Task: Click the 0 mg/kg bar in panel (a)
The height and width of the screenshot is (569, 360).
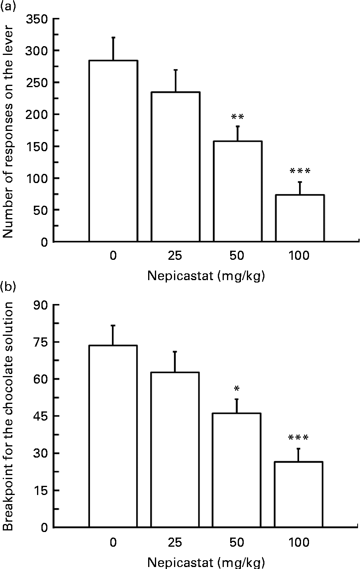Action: (x=113, y=151)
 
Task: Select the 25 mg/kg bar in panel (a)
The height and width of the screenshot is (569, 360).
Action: (x=175, y=167)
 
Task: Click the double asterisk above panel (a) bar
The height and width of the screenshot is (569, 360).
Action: (x=237, y=117)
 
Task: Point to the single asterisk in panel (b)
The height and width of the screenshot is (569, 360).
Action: (x=237, y=389)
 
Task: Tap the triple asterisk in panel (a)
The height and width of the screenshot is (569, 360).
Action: (x=299, y=172)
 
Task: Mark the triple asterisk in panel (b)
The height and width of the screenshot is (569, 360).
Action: (x=298, y=439)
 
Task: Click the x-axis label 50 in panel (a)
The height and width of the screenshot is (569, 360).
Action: (x=237, y=255)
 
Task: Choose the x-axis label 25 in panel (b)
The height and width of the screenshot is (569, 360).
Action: (x=175, y=542)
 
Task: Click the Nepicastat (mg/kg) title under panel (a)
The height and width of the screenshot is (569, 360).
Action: (x=206, y=276)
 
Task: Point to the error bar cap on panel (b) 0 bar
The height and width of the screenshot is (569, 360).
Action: (x=113, y=325)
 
